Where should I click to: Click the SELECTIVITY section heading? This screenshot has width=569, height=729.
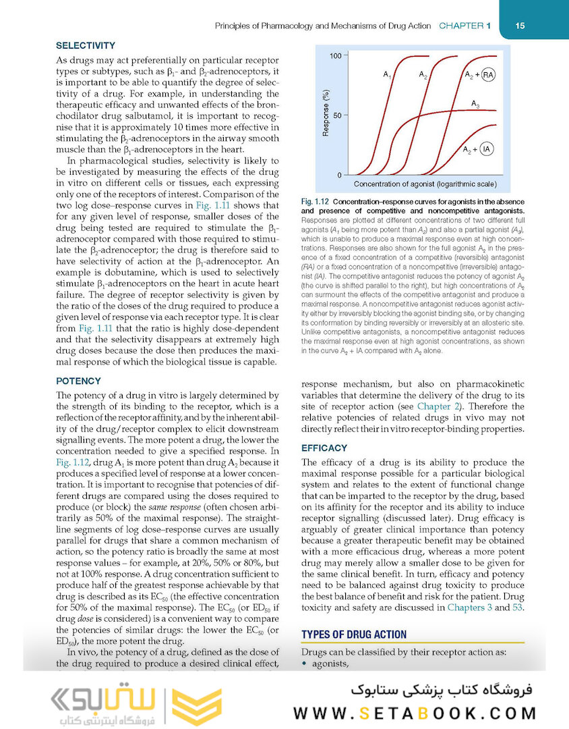[x=86, y=46]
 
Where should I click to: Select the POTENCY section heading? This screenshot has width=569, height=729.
[x=78, y=381]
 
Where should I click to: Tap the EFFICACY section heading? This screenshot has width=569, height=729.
[x=324, y=448]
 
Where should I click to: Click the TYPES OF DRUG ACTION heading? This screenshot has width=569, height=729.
[x=354, y=634]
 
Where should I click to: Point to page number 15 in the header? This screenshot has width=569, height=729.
[x=520, y=26]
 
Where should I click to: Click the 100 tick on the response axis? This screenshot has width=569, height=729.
[x=334, y=55]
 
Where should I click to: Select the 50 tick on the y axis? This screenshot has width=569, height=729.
[x=337, y=115]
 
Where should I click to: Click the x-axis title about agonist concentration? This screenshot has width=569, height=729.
[x=425, y=184]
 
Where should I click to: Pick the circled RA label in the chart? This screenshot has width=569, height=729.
[x=489, y=75]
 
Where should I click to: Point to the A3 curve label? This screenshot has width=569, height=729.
[x=475, y=103]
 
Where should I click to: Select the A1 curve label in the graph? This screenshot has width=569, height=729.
[x=387, y=74]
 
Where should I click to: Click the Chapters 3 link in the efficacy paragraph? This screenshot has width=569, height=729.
[x=469, y=607]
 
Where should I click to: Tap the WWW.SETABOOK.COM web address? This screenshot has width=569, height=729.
[x=415, y=713]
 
